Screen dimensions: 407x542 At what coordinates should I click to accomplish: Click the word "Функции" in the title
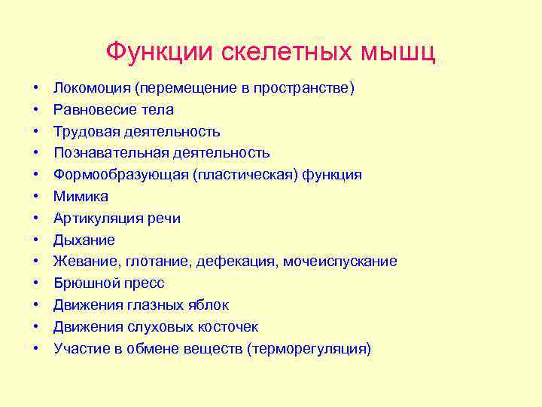coord(160,52)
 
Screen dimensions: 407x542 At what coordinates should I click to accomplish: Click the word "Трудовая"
coord(85,132)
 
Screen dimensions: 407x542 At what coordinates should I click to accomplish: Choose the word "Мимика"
coord(81,197)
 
